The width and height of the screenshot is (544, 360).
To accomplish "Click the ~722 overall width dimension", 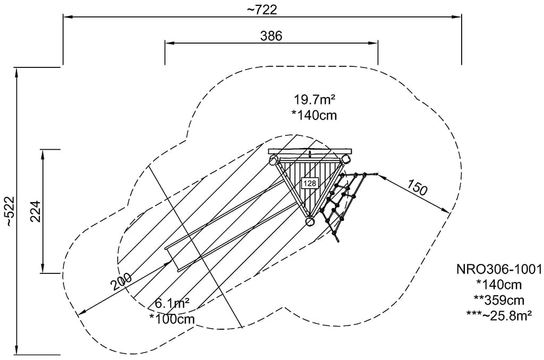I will [262, 9].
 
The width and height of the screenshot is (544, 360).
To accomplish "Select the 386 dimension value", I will [271, 36].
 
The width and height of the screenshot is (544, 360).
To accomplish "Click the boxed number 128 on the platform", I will [309, 183].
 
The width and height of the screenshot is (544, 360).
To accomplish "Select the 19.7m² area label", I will [314, 99].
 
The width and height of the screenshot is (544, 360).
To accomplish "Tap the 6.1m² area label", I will [173, 304].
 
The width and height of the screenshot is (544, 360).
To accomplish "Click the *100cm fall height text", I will [172, 319].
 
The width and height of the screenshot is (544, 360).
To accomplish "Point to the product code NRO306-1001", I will [499, 269].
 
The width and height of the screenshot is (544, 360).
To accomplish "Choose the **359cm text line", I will [499, 299].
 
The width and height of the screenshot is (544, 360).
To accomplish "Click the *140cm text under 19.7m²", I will [314, 115].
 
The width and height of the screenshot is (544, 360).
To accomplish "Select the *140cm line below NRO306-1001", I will [499, 285].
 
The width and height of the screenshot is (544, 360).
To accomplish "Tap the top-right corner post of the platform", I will [346, 159].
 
